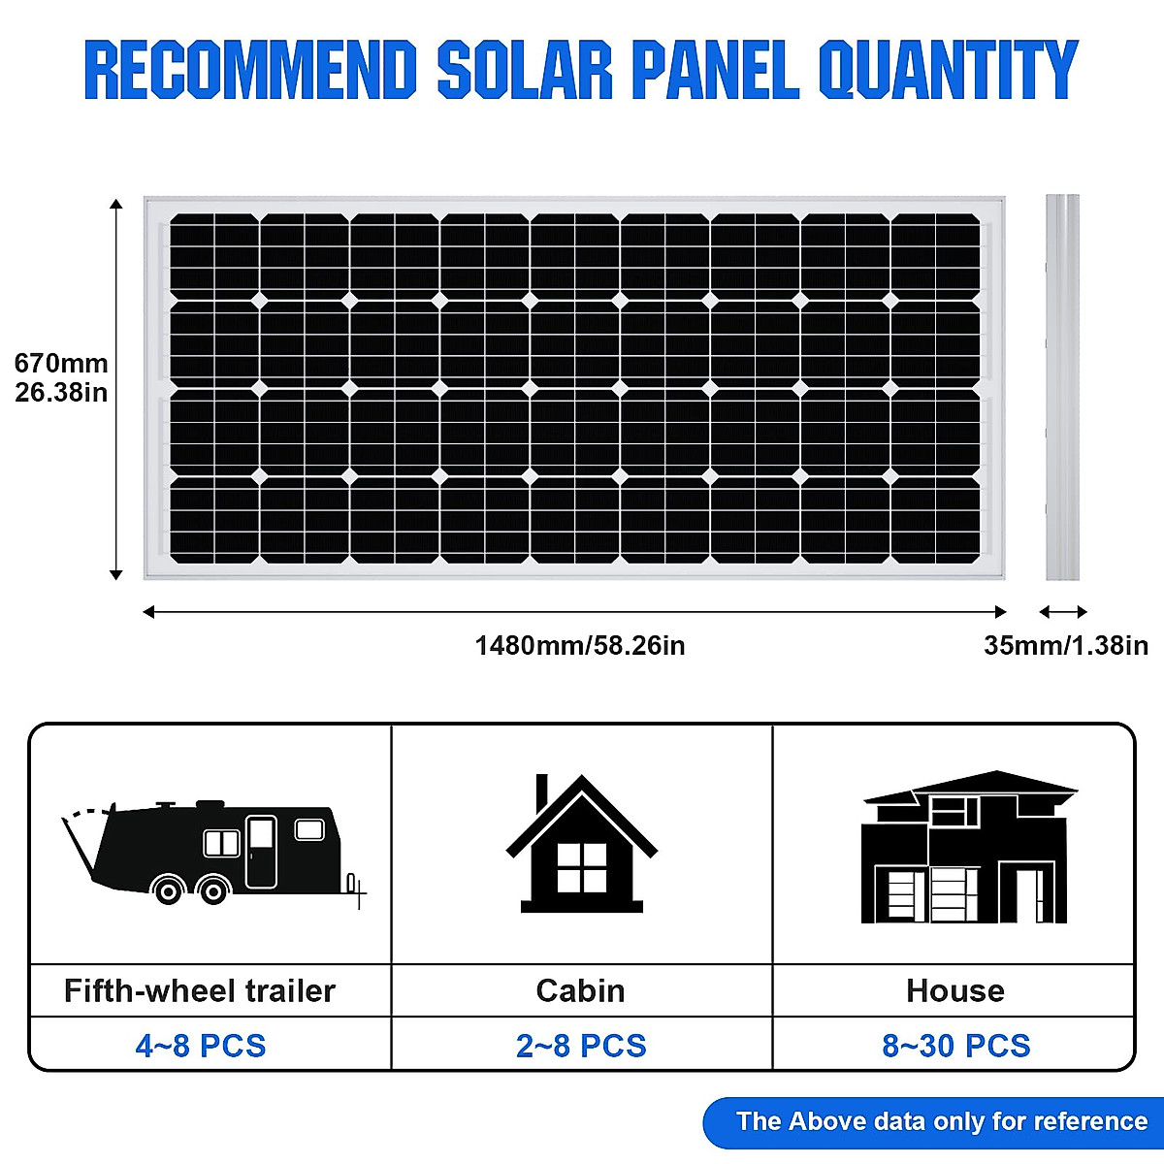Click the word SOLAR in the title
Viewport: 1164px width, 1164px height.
(525, 70)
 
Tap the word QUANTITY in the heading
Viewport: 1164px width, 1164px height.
(948, 70)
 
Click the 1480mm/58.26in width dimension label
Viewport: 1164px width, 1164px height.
(579, 645)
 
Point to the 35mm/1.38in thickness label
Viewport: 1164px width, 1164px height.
(1065, 645)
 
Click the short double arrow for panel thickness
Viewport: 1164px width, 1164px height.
(1063, 612)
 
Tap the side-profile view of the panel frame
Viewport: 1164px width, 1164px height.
(1062, 387)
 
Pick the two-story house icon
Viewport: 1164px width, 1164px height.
(966, 849)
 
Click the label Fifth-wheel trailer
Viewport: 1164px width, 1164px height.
(200, 990)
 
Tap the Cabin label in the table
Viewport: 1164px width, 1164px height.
(580, 990)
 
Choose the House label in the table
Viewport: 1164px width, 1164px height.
(955, 990)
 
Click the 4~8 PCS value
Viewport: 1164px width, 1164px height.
(201, 1046)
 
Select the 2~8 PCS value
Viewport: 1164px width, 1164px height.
(581, 1046)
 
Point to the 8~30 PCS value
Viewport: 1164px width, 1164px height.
(955, 1046)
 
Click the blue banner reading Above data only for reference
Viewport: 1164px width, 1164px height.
(936, 1121)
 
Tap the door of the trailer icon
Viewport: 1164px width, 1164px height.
(261, 852)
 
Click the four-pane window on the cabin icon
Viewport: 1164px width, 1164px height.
(581, 867)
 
